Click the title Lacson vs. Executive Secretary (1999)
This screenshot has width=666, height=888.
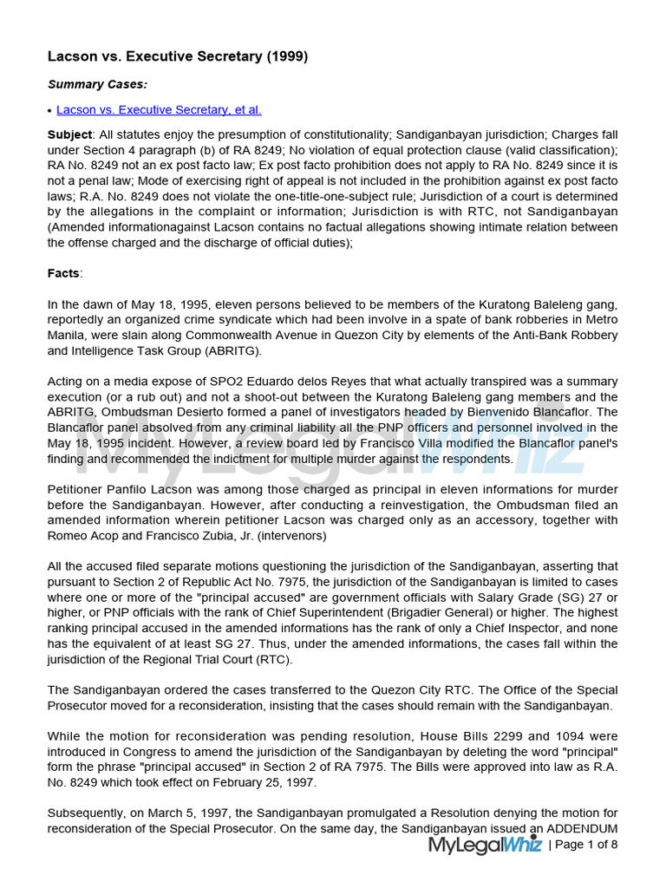point(178,56)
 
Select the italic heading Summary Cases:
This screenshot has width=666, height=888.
point(97,84)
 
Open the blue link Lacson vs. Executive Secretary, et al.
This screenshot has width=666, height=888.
point(159,110)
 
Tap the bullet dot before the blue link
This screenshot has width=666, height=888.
point(49,111)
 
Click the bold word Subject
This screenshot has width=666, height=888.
point(69,135)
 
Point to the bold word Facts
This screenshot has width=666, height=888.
point(63,273)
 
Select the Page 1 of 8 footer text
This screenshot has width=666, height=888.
point(587,845)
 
